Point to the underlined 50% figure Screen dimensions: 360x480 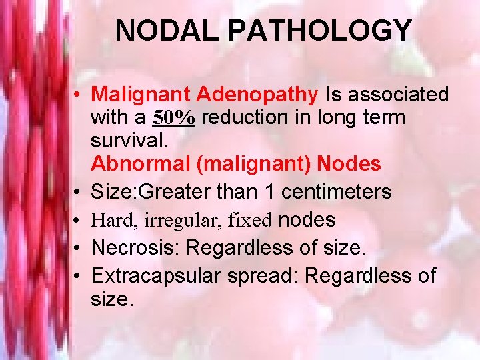[x=174, y=118]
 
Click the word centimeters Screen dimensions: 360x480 [x=337, y=192]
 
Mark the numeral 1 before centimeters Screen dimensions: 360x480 [x=270, y=192]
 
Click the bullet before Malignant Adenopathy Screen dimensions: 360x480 [x=78, y=95]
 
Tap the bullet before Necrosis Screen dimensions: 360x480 [x=78, y=248]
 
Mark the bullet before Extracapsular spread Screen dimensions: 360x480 [x=78, y=276]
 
